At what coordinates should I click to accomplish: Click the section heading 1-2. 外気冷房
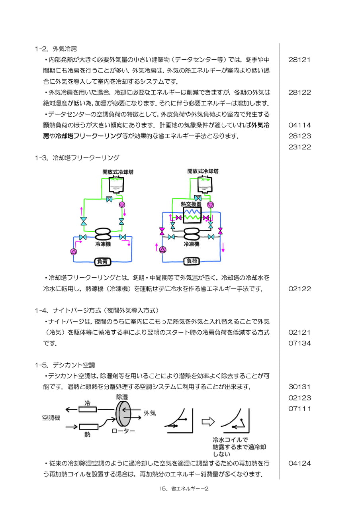point(56,49)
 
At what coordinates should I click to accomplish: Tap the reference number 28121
point(299,60)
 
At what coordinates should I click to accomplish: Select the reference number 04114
point(299,125)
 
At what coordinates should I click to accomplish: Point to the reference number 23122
point(299,147)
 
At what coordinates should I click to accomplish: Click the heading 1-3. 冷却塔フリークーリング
point(77,158)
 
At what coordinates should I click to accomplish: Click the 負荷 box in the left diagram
point(103,262)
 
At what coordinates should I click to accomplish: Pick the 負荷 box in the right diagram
point(192,261)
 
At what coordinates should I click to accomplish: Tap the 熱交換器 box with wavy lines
point(192,215)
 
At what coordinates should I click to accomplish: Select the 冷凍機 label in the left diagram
point(103,244)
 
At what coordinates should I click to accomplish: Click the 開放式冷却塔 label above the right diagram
point(203,171)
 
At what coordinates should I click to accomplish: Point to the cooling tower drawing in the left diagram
point(117,185)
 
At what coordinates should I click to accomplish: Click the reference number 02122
point(299,289)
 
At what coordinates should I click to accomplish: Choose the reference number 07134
point(299,343)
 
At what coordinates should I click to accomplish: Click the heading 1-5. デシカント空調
point(65,365)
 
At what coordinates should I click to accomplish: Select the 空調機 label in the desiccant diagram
point(51,418)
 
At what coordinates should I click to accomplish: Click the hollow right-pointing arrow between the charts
point(208,422)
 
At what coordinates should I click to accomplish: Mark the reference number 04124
point(299,463)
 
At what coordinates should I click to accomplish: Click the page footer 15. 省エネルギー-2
point(184,488)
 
